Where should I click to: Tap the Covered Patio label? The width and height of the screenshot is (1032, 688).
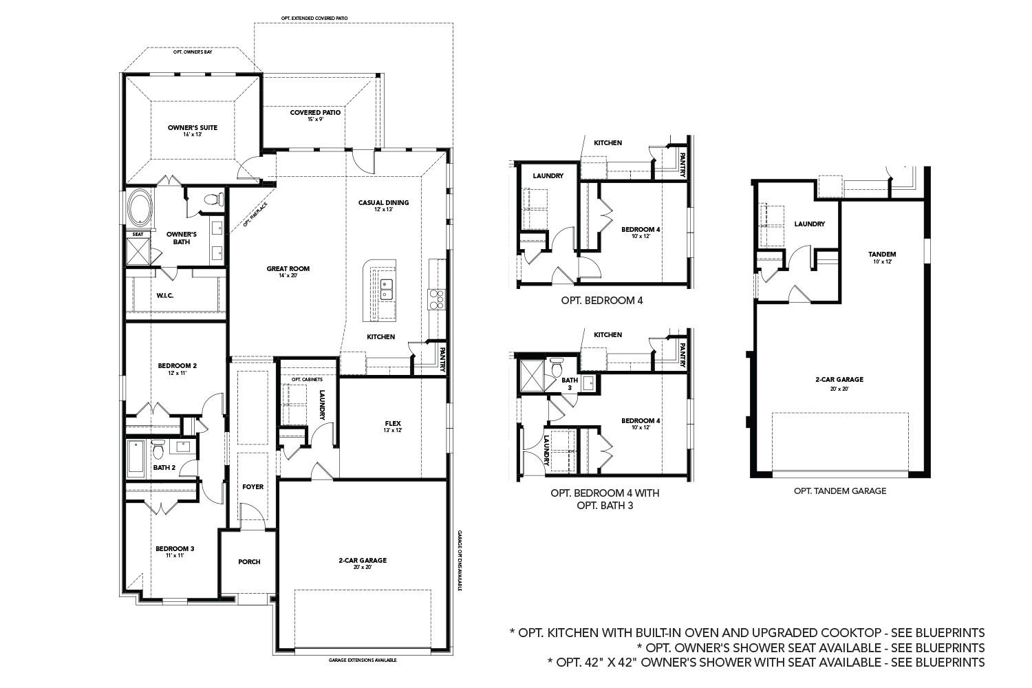(315, 113)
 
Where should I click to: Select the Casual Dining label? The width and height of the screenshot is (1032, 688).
(383, 203)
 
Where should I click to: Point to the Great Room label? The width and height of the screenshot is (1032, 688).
(288, 269)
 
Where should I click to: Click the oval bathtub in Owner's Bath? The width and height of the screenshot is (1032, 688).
(140, 208)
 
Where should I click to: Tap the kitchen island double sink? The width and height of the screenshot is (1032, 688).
(386, 289)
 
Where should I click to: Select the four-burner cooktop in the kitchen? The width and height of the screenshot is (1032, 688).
(437, 299)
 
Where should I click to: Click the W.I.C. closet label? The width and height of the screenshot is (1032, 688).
(164, 295)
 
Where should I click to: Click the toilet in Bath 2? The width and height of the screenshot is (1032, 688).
(158, 450)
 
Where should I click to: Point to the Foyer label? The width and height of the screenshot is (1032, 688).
(252, 487)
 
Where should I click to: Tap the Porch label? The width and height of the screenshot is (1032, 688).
(249, 562)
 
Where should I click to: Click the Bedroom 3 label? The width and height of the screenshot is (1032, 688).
(175, 549)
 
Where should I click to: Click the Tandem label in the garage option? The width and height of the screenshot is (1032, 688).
(882, 255)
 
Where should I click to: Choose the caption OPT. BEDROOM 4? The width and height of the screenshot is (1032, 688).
(602, 301)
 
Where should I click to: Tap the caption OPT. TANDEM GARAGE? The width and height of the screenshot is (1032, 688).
(839, 491)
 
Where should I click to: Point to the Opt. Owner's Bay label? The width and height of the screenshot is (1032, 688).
(193, 52)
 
